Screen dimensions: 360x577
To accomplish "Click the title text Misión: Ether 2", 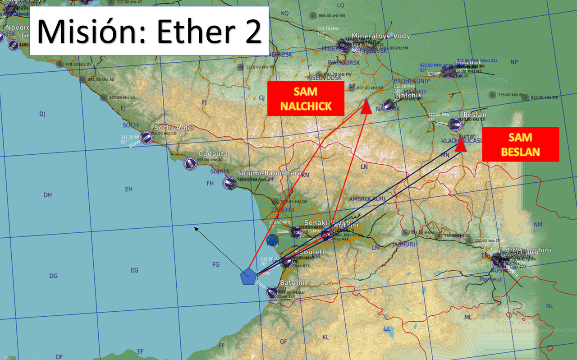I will [149, 31].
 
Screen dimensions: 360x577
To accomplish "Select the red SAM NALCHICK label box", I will [306, 99].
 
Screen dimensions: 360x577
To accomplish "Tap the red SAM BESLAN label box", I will [520, 144].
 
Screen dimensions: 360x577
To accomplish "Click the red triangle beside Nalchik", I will [366, 106].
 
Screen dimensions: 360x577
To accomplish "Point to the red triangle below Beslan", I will [461, 145].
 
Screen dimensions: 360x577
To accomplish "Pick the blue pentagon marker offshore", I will [247, 277].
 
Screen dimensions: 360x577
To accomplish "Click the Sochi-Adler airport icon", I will [146, 138].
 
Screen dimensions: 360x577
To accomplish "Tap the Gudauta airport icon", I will [190, 163].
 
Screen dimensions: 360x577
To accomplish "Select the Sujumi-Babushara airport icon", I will [229, 183].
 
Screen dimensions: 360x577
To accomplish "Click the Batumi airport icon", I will [272, 292].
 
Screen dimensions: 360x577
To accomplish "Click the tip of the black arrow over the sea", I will [195, 228].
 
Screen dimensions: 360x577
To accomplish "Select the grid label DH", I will [48, 195].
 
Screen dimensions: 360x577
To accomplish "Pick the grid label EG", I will [134, 270].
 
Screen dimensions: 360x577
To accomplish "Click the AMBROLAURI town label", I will [367, 199].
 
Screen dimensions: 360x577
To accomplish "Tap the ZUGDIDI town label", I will [282, 210].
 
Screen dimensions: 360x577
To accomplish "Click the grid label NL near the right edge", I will [549, 306].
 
